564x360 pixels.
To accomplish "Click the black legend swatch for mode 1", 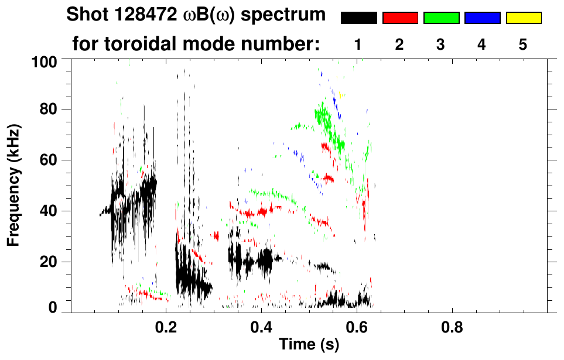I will pos(358,18).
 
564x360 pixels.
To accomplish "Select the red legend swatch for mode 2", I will pos(400,18).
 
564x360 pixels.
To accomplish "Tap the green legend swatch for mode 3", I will pos(441,18).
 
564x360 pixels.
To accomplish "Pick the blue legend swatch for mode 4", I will pos(482,18).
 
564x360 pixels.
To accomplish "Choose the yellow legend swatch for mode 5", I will pos(523,18).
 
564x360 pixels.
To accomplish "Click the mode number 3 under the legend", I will pos(441,44).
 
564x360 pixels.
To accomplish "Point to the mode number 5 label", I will pos(523,44).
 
